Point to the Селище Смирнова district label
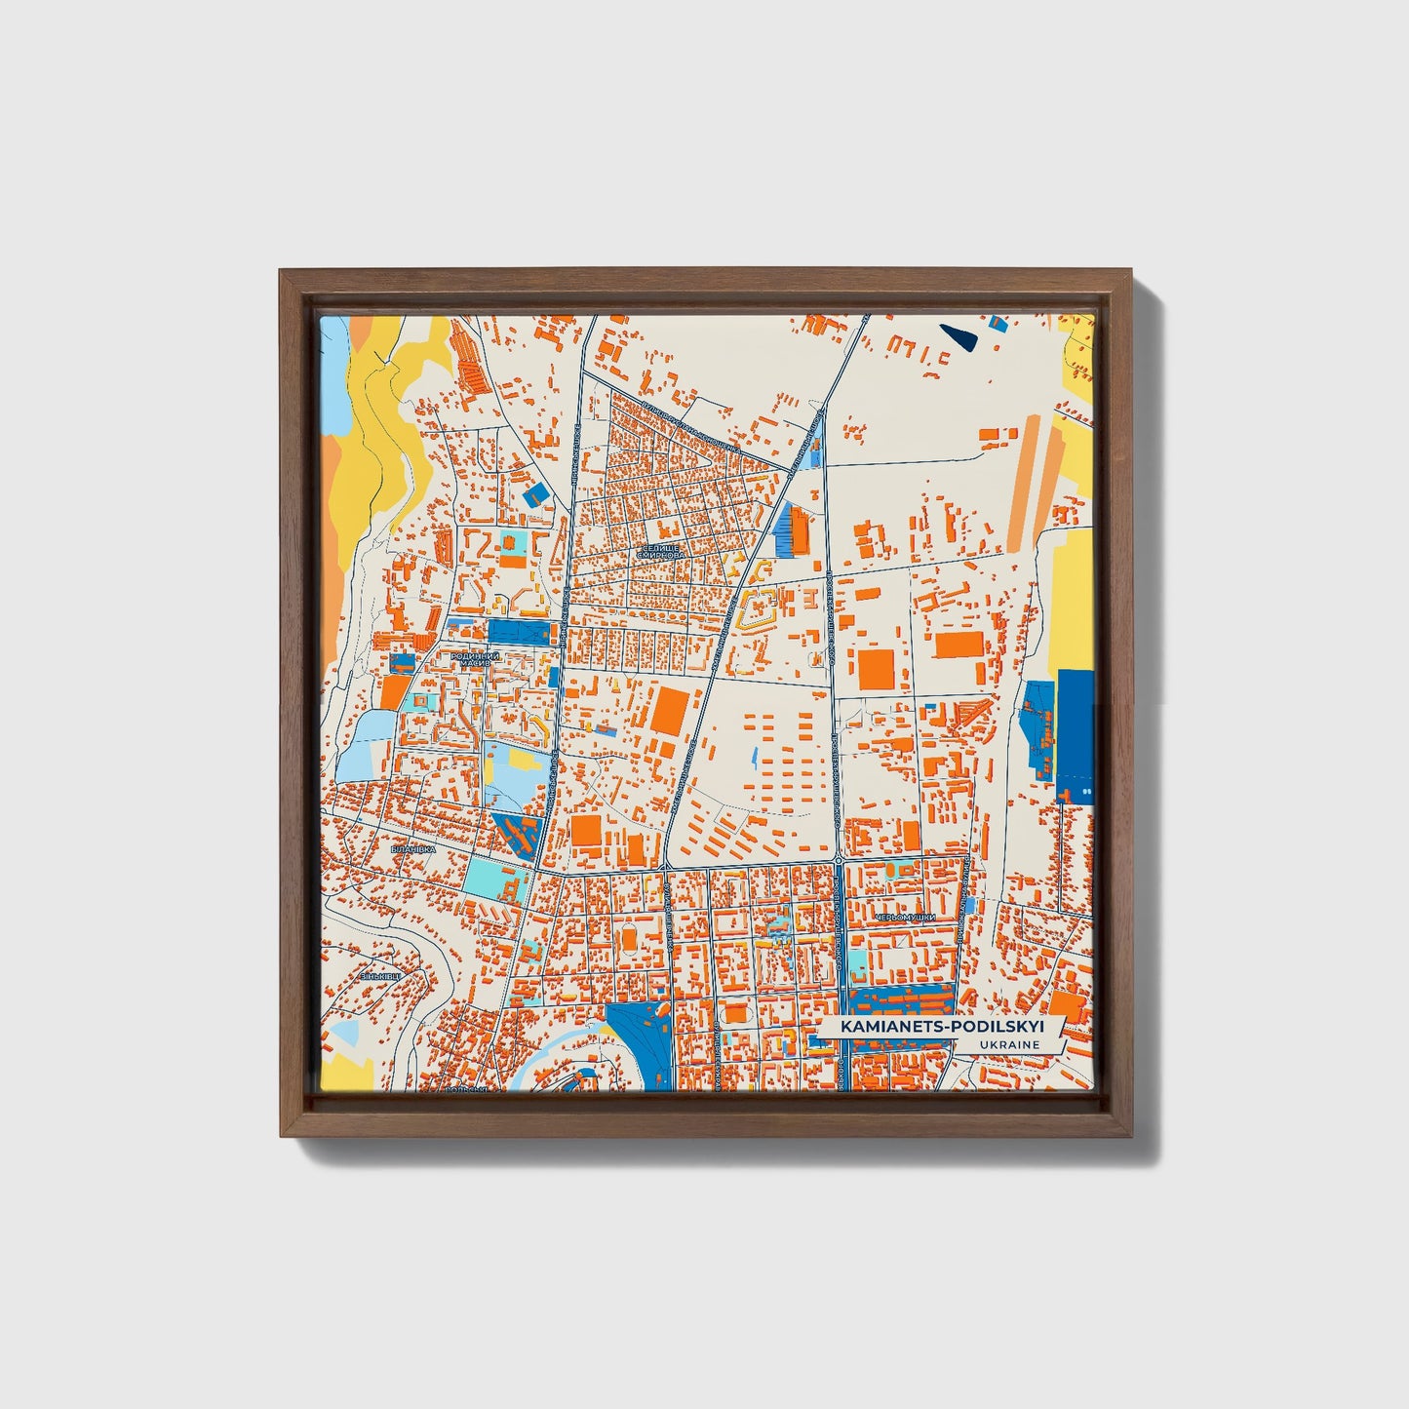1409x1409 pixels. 659,551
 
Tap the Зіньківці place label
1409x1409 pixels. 375,976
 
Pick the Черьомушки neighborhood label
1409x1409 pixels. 906,918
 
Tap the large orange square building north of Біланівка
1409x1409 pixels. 586,831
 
